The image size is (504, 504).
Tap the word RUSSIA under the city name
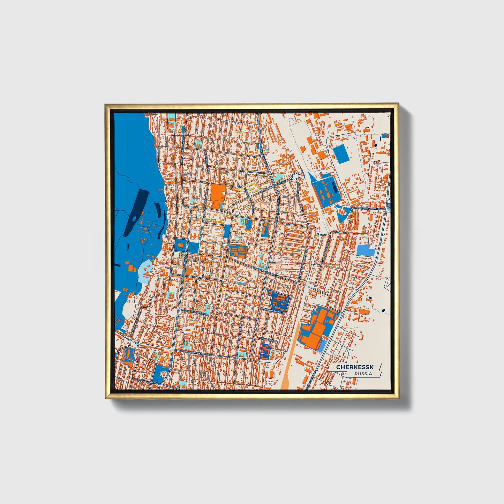363,374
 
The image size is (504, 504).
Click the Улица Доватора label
148,382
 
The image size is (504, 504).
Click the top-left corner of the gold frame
106,105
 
